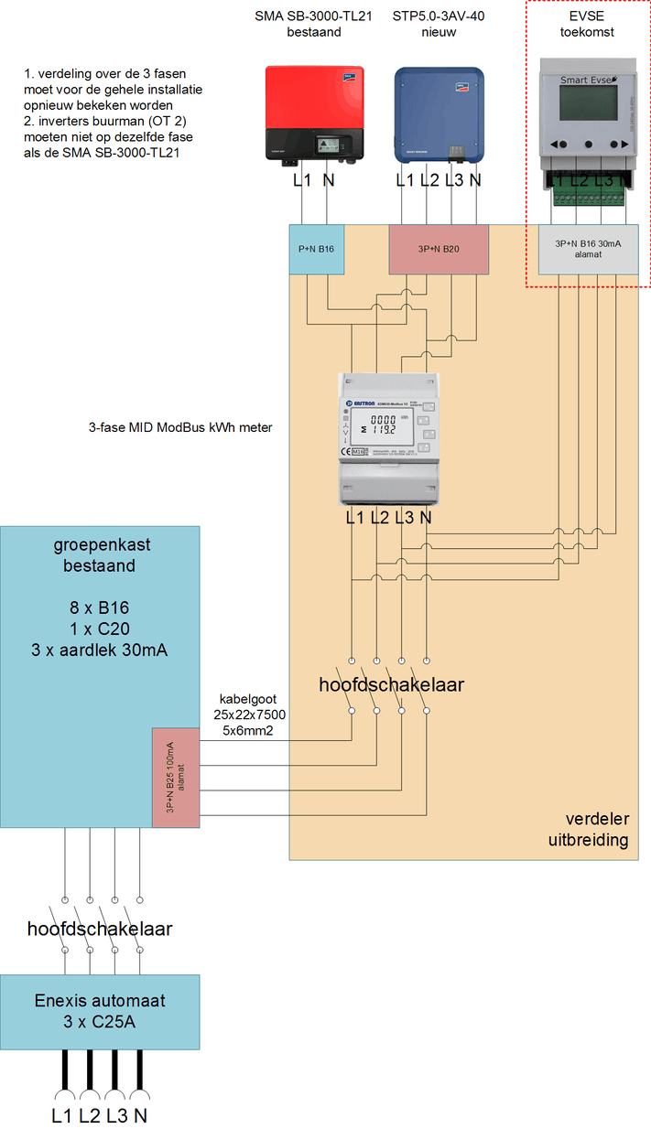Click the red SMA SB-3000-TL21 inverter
(313, 114)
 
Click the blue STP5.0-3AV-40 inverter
(439, 114)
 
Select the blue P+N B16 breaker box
(317, 248)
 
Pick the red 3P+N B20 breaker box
(439, 248)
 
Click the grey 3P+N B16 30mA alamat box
(588, 249)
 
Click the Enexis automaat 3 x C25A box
(100, 1011)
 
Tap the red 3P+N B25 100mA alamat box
(175, 778)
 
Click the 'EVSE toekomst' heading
(588, 24)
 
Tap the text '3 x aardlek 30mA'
(100, 651)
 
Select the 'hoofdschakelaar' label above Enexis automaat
(100, 929)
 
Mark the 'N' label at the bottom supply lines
(140, 1115)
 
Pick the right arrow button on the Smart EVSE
(622, 144)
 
